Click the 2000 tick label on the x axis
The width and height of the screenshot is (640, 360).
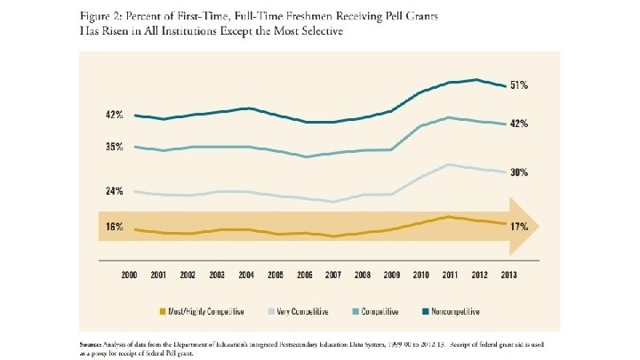tap(130, 276)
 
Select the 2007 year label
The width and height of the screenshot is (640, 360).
tap(334, 276)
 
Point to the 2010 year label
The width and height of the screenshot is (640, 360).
tap(421, 276)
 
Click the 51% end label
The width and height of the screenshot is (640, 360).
tap(520, 85)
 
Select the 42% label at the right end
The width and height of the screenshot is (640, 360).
tap(520, 124)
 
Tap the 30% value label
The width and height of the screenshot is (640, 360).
tap(520, 172)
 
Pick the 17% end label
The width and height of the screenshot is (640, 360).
tap(520, 226)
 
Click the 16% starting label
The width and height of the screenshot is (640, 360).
tap(114, 227)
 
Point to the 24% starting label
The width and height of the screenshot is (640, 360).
tap(114, 190)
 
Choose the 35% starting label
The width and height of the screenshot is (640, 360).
tap(114, 147)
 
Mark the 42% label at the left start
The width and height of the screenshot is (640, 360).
tap(114, 115)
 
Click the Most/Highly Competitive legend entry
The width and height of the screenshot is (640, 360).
tap(199, 311)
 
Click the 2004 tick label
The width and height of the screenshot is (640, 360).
tap(246, 276)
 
